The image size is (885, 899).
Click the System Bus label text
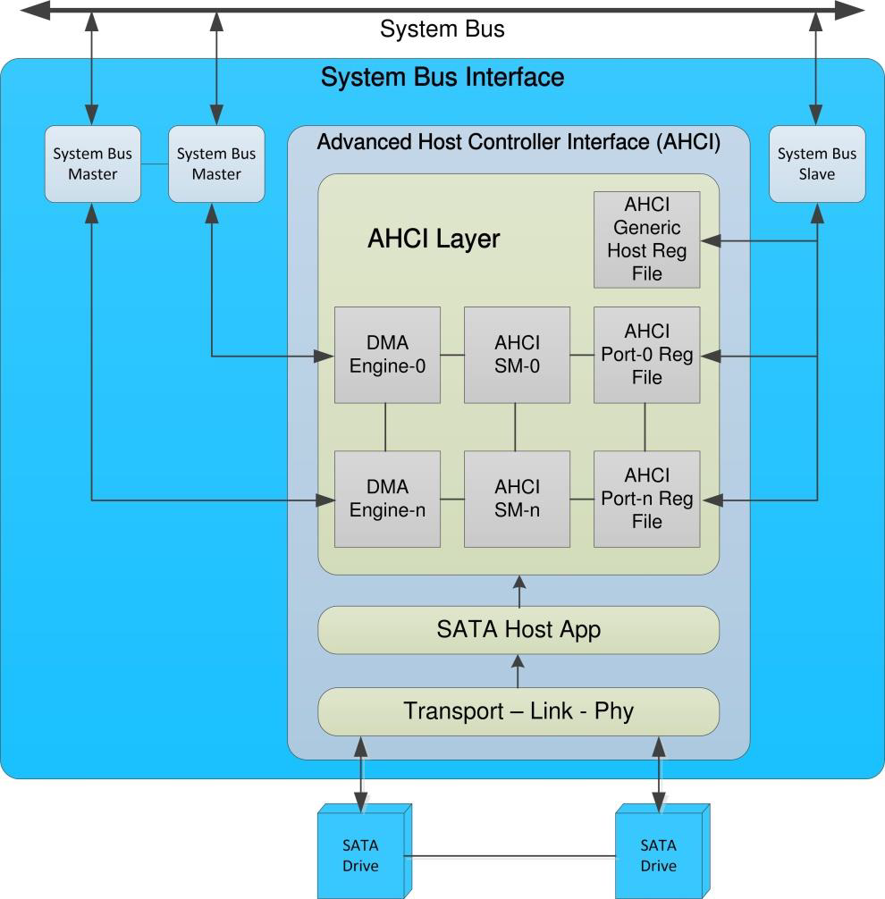(x=442, y=29)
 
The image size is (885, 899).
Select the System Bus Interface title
(x=442, y=78)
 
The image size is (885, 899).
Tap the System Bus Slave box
(x=817, y=164)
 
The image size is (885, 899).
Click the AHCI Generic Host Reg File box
(x=646, y=239)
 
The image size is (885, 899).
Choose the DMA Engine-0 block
(x=387, y=355)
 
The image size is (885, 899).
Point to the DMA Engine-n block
(x=387, y=499)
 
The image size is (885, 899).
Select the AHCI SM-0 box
(x=517, y=355)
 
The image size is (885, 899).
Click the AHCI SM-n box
(x=517, y=499)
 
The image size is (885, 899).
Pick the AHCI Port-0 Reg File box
(x=646, y=355)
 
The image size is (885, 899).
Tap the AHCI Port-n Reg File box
(x=646, y=499)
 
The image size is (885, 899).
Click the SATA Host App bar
(x=518, y=629)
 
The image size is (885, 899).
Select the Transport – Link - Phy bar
(x=518, y=711)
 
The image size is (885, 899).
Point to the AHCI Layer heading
(x=434, y=239)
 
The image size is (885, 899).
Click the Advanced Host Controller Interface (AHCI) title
(x=518, y=142)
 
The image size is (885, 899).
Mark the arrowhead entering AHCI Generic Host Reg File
(x=709, y=240)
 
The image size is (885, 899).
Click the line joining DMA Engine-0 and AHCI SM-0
(x=452, y=356)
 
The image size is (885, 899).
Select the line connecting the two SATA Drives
(x=513, y=857)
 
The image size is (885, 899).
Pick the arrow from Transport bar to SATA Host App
(x=518, y=670)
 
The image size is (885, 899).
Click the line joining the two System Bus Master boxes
(x=155, y=164)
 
